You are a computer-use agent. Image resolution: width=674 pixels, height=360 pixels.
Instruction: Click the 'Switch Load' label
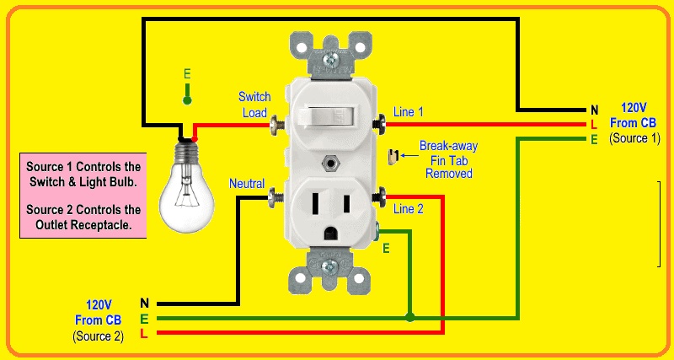(x=254, y=105)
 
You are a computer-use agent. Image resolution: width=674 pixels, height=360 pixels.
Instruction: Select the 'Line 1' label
(x=409, y=111)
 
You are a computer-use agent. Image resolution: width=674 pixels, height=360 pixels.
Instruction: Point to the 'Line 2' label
(x=409, y=209)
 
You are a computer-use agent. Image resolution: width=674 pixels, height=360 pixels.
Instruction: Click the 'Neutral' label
(x=247, y=183)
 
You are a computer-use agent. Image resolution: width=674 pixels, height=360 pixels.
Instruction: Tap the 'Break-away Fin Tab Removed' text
(x=448, y=159)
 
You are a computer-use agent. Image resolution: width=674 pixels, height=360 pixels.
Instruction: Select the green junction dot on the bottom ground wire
(x=409, y=318)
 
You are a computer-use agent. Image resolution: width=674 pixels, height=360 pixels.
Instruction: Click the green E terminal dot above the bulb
(x=187, y=100)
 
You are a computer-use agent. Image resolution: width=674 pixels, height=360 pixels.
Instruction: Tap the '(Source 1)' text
(x=634, y=137)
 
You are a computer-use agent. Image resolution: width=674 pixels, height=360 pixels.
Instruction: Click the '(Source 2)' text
(x=98, y=336)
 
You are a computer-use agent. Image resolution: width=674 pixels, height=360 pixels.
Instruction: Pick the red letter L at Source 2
(x=144, y=334)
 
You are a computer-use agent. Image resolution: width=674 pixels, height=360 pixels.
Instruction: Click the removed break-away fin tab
(x=393, y=156)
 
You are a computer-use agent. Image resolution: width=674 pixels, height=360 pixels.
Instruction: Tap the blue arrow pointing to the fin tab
(x=409, y=155)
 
